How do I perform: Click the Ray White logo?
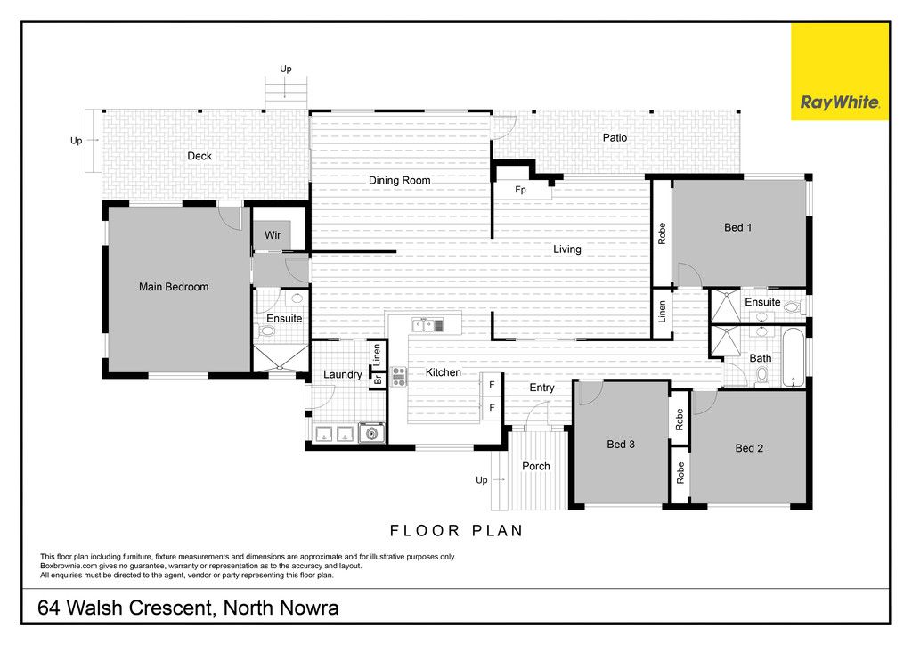[x=839, y=72]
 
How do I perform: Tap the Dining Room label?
[x=400, y=180]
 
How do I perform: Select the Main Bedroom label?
[x=174, y=287]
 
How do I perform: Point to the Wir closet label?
[x=273, y=235]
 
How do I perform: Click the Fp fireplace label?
[x=520, y=190]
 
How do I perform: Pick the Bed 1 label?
[x=737, y=227]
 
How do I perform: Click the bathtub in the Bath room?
[x=794, y=357]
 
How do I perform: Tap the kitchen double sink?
[x=427, y=325]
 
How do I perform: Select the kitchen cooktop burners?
[x=398, y=376]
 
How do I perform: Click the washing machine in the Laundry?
[x=371, y=433]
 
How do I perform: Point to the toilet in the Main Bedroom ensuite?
[x=266, y=331]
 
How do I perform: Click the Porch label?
[x=535, y=467]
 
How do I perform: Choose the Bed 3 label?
[x=621, y=445]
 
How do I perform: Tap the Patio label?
[x=615, y=138]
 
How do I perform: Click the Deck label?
[x=199, y=156]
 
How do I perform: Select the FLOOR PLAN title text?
[x=457, y=530]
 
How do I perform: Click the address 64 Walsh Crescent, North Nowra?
[x=188, y=608]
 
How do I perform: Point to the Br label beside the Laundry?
[x=378, y=380]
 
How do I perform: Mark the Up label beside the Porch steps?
[x=482, y=480]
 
